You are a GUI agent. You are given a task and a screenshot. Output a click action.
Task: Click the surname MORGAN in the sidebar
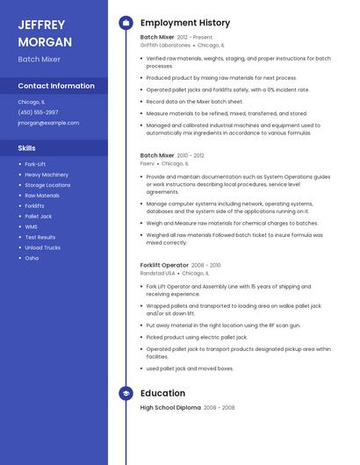[x=40, y=40]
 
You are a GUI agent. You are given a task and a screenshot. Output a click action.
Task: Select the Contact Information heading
[x=56, y=86]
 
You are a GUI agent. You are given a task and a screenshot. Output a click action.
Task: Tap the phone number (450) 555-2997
[x=38, y=112]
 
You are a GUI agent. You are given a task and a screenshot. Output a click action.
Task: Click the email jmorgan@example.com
[x=48, y=123]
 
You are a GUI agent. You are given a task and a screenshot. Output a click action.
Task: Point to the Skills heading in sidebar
[x=27, y=147]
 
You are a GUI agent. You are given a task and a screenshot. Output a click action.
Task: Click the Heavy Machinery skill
[x=47, y=175]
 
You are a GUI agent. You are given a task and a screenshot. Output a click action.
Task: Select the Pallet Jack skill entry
[x=39, y=216]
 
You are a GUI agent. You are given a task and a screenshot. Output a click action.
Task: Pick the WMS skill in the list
[x=32, y=226]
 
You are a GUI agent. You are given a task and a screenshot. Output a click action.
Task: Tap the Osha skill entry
[x=32, y=258]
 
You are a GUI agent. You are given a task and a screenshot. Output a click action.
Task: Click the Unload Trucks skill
[x=43, y=247]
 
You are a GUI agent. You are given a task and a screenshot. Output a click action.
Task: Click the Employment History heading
[x=185, y=23]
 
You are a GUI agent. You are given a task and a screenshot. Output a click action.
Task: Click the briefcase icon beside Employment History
[x=126, y=23]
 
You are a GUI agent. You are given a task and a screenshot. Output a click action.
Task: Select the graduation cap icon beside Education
[x=126, y=394]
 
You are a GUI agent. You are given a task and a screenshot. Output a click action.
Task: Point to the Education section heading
[x=162, y=394]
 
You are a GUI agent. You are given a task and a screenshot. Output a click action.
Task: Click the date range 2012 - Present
[x=195, y=38]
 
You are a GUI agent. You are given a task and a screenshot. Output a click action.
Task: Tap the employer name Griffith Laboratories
[x=165, y=45]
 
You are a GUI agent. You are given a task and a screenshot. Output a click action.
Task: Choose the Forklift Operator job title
[x=164, y=265]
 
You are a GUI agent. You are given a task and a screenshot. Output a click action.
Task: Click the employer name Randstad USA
[x=158, y=272]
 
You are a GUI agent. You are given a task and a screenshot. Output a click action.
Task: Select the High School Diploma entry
[x=170, y=408]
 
